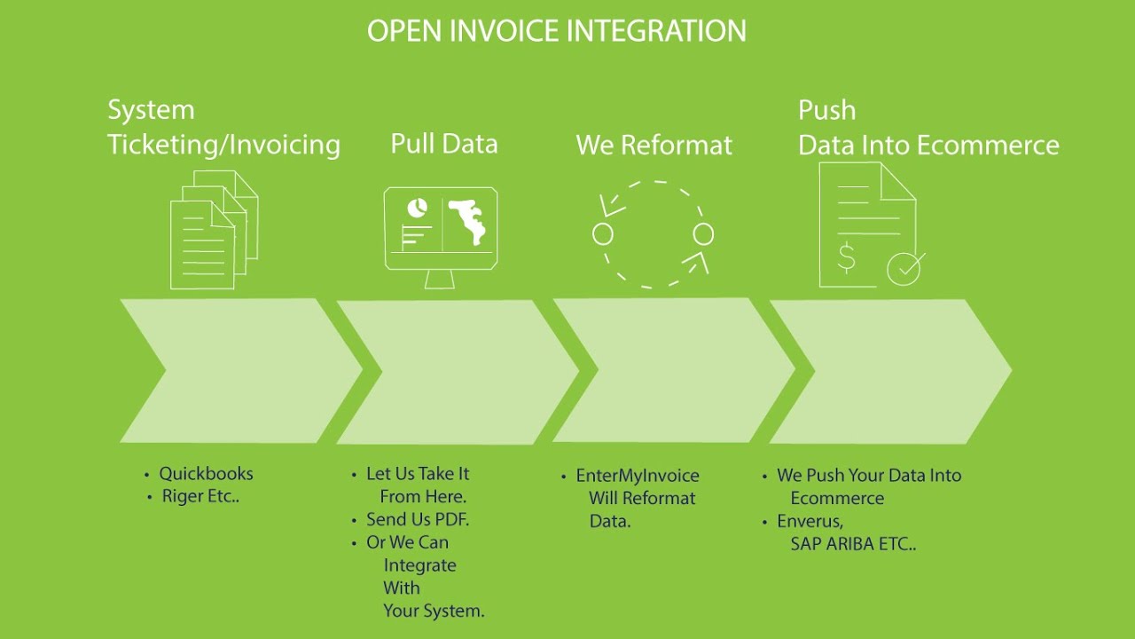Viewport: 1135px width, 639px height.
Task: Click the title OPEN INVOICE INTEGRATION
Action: [556, 31]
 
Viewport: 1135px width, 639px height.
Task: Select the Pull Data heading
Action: [443, 144]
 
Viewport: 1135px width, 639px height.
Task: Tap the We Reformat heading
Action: [654, 146]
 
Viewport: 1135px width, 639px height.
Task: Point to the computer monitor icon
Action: [441, 234]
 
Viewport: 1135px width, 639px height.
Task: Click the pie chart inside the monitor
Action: [416, 209]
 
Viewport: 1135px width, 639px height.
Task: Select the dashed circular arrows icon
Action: [653, 234]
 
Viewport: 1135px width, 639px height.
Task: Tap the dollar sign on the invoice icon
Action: [847, 257]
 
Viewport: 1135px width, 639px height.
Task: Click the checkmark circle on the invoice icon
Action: [904, 268]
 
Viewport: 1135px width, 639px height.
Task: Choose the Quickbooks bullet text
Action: [206, 474]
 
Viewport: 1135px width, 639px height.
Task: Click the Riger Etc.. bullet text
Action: [200, 497]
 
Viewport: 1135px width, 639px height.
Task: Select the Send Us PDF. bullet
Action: [417, 519]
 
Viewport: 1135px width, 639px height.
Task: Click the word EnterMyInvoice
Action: [637, 476]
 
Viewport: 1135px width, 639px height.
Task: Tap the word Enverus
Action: [810, 521]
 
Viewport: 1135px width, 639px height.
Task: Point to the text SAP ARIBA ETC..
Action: [852, 544]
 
